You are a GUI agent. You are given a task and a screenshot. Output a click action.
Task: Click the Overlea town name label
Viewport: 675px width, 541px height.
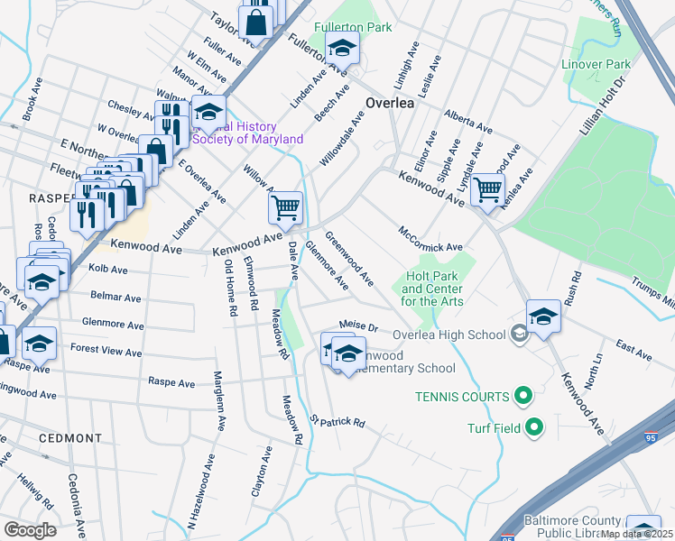point(390,103)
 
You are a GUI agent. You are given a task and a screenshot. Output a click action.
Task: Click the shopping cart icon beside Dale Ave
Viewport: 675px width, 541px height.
point(285,207)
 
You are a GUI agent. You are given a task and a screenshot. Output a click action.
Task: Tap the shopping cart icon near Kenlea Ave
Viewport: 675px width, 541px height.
point(487,190)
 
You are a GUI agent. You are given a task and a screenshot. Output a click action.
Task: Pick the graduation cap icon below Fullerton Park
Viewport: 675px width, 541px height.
point(342,47)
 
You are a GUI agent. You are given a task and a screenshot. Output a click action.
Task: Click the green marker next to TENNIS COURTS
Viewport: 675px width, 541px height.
point(522,396)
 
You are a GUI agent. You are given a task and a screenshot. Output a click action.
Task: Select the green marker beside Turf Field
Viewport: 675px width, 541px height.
point(534,428)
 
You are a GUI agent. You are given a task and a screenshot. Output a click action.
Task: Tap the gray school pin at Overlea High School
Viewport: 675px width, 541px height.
point(519,335)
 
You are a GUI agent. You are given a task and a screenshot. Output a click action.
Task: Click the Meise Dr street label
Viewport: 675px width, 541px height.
point(357,325)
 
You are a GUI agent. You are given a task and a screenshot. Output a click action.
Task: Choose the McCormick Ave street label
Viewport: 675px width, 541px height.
point(430,240)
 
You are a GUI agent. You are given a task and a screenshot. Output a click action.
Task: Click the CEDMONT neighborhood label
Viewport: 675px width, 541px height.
point(70,438)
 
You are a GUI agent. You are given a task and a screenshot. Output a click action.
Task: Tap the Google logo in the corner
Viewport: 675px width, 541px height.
point(30,529)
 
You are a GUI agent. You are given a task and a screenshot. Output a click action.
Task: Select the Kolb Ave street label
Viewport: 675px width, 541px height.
point(107,269)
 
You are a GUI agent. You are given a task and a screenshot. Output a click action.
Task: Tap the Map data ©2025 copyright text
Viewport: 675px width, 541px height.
point(636,534)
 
